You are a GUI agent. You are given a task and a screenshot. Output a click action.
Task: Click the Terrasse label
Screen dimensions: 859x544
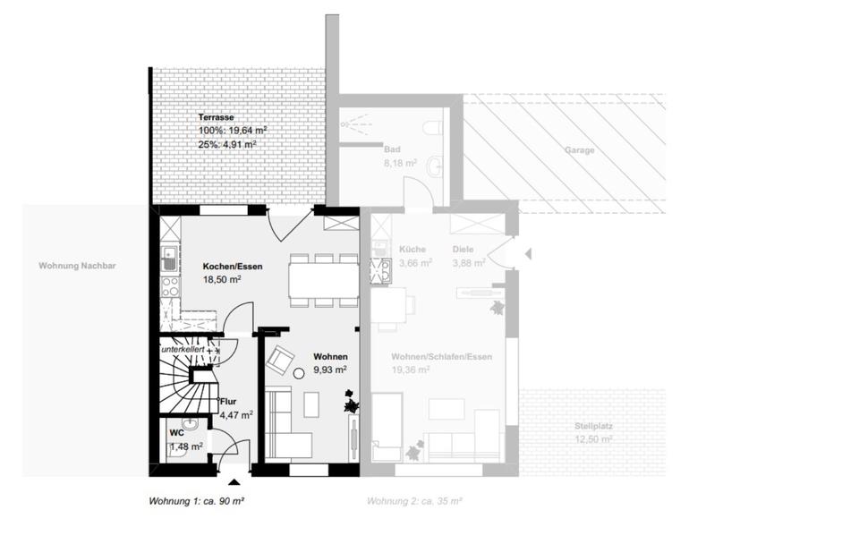coord(216,117)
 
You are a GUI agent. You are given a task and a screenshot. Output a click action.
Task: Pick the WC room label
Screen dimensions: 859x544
coord(176,433)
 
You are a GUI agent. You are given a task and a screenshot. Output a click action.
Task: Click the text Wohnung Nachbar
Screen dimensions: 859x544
coord(78,266)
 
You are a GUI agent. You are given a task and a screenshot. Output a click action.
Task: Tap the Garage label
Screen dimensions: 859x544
coord(579,150)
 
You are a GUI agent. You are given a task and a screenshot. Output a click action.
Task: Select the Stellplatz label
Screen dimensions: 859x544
coord(593,427)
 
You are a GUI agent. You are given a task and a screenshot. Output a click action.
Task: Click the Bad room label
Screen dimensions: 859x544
coord(391,150)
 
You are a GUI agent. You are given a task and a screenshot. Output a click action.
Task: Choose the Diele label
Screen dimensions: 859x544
coord(464,250)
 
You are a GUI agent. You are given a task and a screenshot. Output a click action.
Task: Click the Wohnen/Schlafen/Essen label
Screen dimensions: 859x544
coord(442,357)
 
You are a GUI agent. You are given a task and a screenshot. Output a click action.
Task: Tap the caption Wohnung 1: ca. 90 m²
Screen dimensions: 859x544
coord(196,501)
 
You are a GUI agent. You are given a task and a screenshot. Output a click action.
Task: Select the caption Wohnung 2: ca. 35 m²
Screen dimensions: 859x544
coord(414,501)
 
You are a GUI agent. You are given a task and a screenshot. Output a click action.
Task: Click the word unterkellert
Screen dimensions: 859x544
coord(183,349)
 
